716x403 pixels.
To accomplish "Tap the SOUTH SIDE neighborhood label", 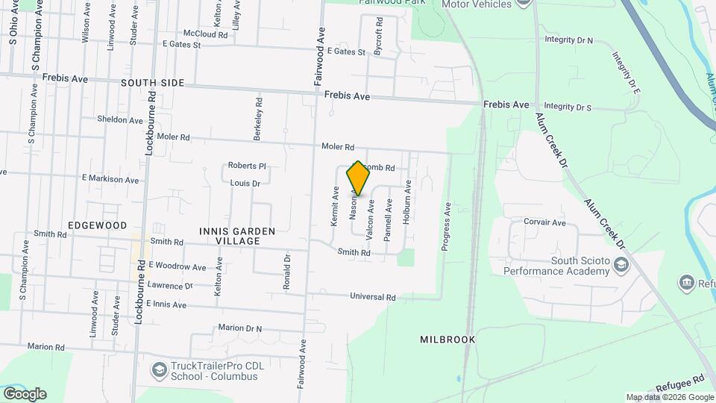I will [152, 83].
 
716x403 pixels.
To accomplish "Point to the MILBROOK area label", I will [447, 339].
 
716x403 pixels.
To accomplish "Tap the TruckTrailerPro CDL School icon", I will [159, 369].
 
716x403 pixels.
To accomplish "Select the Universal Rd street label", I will [373, 297].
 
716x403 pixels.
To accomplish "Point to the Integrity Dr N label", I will [568, 40].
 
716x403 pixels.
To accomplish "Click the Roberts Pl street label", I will [247, 166].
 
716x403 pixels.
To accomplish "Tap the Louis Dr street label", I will [245, 183].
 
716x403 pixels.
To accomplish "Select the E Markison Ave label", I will [110, 180].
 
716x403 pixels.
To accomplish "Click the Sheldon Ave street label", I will [119, 119].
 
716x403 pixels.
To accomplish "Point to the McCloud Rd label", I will [205, 34].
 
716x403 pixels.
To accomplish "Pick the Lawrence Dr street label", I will [170, 285].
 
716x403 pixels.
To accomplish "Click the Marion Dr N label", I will [241, 328].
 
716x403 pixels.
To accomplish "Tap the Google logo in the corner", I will [25, 393].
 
